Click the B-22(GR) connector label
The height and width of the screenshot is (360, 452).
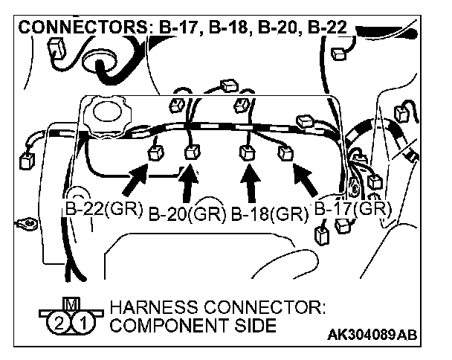[101, 208]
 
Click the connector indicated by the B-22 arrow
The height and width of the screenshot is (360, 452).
[157, 154]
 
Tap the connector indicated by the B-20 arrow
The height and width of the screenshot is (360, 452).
[192, 154]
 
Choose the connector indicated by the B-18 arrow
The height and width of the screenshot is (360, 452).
[246, 154]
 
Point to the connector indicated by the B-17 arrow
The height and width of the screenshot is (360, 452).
[285, 153]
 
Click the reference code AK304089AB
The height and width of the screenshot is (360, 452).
[381, 335]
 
